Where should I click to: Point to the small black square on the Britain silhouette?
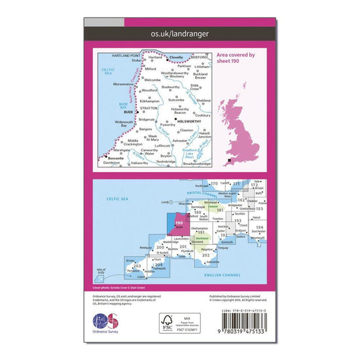point(228,160)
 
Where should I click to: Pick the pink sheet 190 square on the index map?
point(182,228)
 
